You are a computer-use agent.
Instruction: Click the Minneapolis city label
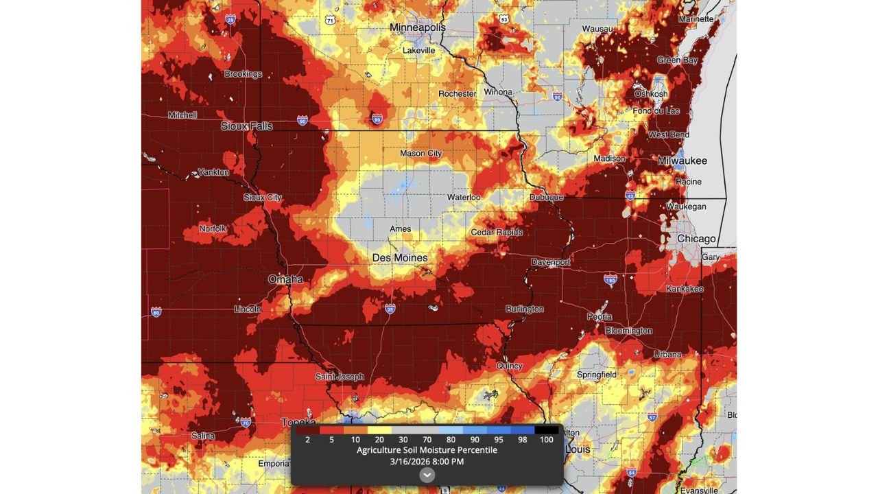point(417,27)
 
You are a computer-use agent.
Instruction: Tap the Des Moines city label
point(400,258)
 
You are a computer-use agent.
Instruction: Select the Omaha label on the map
point(285,279)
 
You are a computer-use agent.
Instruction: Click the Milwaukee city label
point(682,161)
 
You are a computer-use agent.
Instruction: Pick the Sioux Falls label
point(246,126)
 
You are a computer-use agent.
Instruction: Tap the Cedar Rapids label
point(497,233)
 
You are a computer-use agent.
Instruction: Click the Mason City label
point(420,154)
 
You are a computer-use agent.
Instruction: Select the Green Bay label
point(677,60)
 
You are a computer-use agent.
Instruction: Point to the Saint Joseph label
point(340,377)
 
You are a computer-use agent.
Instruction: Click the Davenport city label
point(551,263)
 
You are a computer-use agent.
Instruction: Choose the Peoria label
point(600,317)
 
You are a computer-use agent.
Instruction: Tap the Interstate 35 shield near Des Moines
point(390,309)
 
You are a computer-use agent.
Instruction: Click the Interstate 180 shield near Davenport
point(610,279)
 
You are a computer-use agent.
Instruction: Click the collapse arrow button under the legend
point(427,475)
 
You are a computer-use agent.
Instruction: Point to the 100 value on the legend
point(546,440)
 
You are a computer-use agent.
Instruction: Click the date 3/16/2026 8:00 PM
point(427,462)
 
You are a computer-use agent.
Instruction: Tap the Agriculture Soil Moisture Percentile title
point(427,450)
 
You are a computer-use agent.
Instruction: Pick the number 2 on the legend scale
point(307,440)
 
